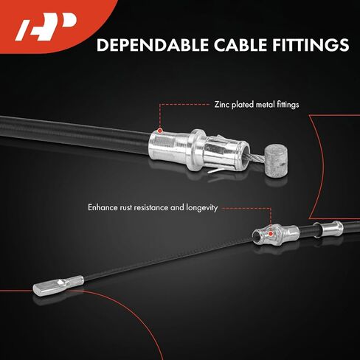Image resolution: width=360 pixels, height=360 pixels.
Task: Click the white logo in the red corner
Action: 46,27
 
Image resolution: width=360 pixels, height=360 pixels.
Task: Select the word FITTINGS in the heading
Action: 311,45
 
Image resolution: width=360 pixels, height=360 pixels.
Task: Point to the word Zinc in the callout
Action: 222,105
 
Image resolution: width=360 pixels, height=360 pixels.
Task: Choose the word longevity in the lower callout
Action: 202,208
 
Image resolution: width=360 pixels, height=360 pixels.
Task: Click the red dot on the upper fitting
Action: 160,131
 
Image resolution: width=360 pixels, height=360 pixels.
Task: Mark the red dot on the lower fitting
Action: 271,233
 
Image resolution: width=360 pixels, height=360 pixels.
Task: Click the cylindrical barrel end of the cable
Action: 276,161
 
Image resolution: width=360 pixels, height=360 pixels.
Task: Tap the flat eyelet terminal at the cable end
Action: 58,285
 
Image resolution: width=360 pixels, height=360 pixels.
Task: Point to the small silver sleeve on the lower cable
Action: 332,229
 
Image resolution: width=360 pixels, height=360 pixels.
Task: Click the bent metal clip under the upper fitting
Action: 216,170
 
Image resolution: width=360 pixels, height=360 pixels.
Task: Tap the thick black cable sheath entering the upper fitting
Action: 75,134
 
